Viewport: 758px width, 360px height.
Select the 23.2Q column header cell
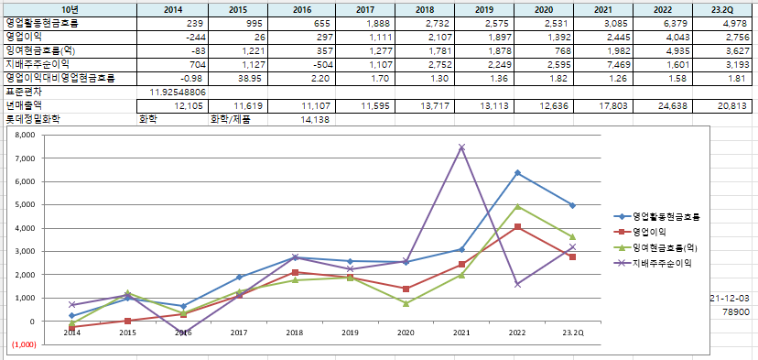pos(722,9)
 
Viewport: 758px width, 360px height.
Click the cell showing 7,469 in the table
pos(604,64)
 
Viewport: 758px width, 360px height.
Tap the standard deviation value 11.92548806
pos(173,92)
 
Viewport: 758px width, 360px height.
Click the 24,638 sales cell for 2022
pos(663,106)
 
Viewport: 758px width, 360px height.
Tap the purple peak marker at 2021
pos(461,147)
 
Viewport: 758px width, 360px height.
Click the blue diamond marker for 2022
pos(517,173)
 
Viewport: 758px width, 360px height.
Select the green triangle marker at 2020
pos(406,303)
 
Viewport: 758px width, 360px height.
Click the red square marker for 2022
pos(517,226)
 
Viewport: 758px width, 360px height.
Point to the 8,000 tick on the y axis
pos(26,135)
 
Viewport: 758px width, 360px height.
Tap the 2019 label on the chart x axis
pos(351,333)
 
